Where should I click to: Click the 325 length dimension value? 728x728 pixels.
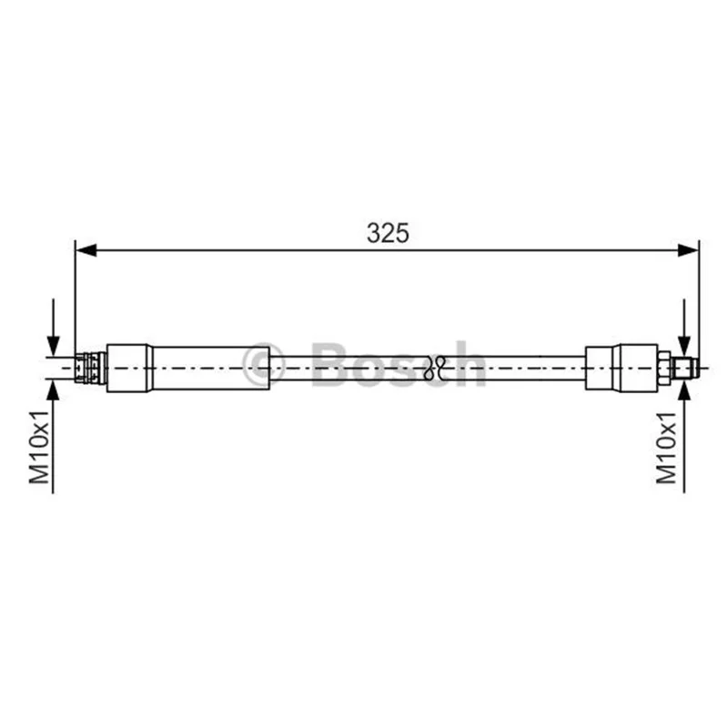pyautogui.click(x=389, y=233)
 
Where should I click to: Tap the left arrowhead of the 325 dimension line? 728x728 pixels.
pyautogui.click(x=86, y=250)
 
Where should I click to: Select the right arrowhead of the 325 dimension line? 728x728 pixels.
pyautogui.click(x=688, y=250)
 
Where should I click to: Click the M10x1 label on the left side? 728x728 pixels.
pyautogui.click(x=39, y=447)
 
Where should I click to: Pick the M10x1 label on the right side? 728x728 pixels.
pyautogui.click(x=666, y=447)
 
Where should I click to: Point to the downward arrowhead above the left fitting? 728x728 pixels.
pyautogui.click(x=54, y=346)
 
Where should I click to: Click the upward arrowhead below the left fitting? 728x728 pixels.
pyautogui.click(x=54, y=390)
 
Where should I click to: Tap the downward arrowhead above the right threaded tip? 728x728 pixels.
pyautogui.click(x=684, y=346)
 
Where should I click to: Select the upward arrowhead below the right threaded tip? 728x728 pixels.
pyautogui.click(x=684, y=390)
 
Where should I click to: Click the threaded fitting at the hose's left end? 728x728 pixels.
pyautogui.click(x=90, y=368)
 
